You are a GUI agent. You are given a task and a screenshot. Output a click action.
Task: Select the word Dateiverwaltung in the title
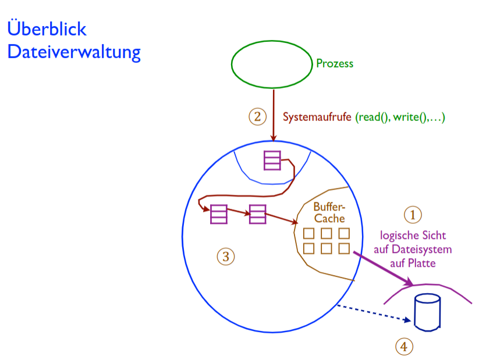[x=73, y=52]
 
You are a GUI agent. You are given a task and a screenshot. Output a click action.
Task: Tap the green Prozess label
[x=335, y=63]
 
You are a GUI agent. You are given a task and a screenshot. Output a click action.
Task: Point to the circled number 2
[x=257, y=116]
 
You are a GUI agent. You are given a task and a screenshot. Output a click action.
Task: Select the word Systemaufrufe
[x=317, y=117]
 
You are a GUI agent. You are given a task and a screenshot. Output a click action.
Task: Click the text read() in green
[x=372, y=117]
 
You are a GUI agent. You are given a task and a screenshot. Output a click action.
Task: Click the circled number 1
[x=413, y=215]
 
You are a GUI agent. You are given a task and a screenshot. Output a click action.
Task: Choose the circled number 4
[x=404, y=347]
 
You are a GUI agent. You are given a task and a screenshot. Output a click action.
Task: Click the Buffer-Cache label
[x=329, y=213]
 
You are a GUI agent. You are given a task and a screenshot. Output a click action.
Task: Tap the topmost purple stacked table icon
[x=272, y=161]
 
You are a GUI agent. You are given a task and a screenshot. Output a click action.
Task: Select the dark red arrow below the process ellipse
[x=274, y=113]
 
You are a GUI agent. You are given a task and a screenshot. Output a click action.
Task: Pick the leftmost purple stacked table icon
[x=219, y=214]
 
